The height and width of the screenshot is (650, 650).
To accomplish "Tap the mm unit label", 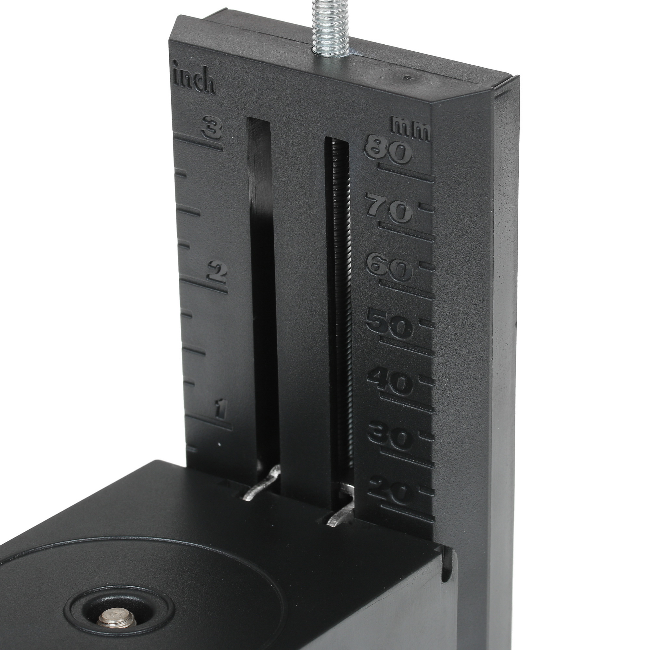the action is click(x=410, y=128).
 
